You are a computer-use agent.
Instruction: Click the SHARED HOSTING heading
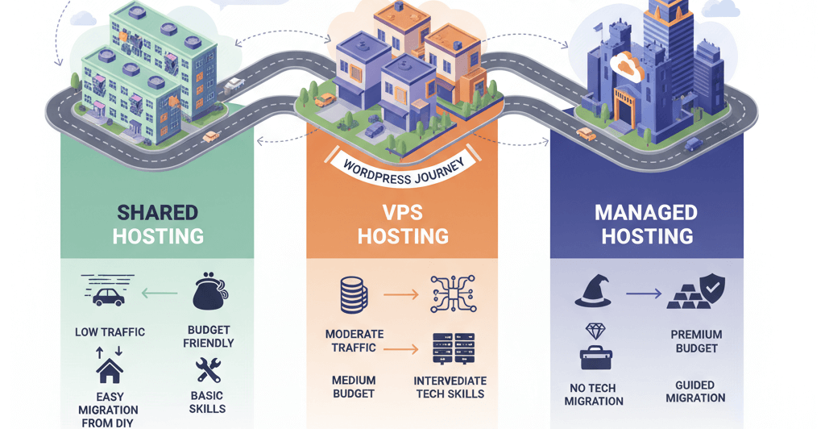tap(158, 224)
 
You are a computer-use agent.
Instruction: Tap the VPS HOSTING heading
tap(403, 224)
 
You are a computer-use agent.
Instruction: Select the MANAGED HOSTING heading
tap(647, 224)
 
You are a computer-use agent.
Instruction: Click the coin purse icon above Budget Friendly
tap(210, 294)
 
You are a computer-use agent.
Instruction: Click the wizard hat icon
tap(595, 291)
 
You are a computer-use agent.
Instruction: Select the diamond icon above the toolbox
tap(595, 331)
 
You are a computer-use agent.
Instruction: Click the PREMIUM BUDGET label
tap(696, 341)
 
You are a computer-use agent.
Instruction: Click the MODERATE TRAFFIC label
tap(354, 340)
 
